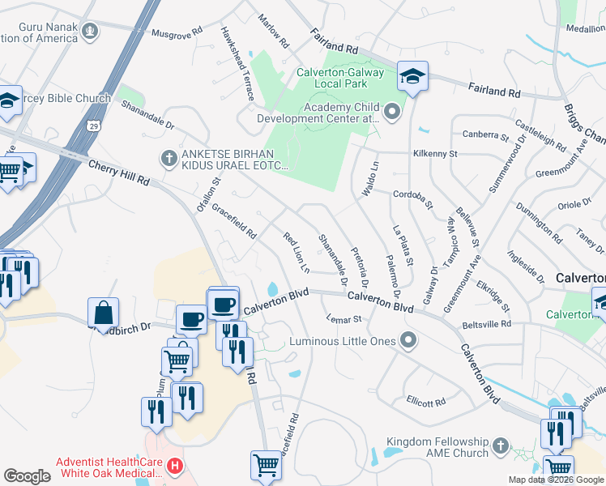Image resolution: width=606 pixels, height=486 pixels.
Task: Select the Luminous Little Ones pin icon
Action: tap(408, 341)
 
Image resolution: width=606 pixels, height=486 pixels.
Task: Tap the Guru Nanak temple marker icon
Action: tap(90, 32)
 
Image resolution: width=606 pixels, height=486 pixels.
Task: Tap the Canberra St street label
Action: tap(484, 134)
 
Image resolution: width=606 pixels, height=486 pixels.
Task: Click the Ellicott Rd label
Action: tap(426, 402)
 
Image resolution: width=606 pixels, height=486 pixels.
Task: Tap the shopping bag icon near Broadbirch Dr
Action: tap(104, 311)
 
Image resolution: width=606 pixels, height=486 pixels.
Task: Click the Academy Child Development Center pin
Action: tap(393, 113)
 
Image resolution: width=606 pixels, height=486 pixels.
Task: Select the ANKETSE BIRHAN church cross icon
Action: tap(169, 157)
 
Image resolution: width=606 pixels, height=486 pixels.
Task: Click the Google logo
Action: tap(28, 475)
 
